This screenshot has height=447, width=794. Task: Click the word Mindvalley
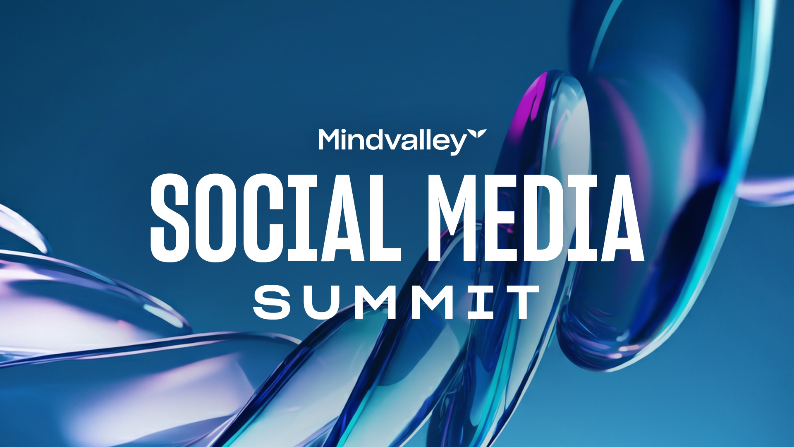[x=393, y=141]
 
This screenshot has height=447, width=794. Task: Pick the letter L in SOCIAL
[x=385, y=218]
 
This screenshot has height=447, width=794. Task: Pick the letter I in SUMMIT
[x=481, y=302]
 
